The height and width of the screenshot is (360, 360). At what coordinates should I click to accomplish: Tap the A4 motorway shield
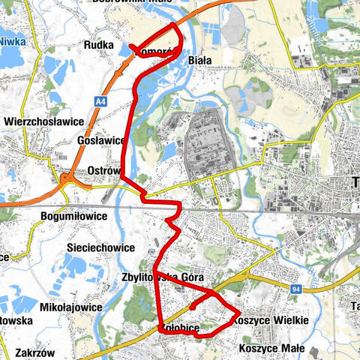click(x=99, y=100)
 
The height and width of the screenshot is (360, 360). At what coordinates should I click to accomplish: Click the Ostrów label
click(x=104, y=170)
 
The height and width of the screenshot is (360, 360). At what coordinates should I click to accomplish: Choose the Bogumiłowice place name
click(x=73, y=216)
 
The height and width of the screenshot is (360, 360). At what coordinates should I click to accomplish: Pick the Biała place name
click(x=200, y=60)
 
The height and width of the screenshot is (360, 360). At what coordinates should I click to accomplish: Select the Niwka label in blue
click(x=10, y=43)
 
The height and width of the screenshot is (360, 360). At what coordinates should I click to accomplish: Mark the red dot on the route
click(x=193, y=307)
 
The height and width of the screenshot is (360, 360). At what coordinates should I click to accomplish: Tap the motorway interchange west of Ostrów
click(x=67, y=180)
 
